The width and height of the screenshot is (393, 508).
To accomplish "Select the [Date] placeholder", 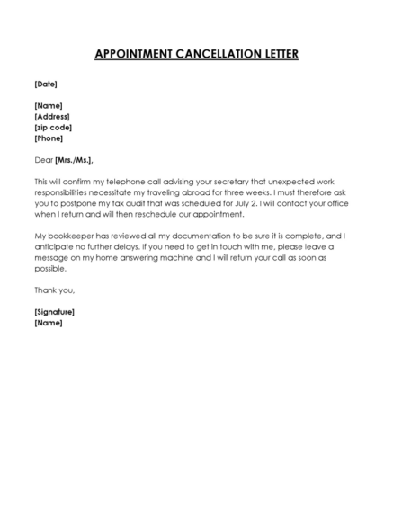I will point(45,84).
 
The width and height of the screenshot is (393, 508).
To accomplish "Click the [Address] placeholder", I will point(51,117).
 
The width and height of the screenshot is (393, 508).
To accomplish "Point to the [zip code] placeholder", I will point(53,128).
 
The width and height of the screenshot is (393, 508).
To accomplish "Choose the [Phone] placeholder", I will point(49,138).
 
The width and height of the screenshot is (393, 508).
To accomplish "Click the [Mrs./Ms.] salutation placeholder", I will point(74,159).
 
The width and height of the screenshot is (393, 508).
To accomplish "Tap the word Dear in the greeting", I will point(43,159).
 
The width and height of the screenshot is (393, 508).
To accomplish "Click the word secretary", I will point(237,182).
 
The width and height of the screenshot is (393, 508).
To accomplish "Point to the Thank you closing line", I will point(54,290).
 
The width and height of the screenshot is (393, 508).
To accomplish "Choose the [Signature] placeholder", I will point(54,311).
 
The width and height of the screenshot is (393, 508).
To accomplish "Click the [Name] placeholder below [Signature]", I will point(48,322).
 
